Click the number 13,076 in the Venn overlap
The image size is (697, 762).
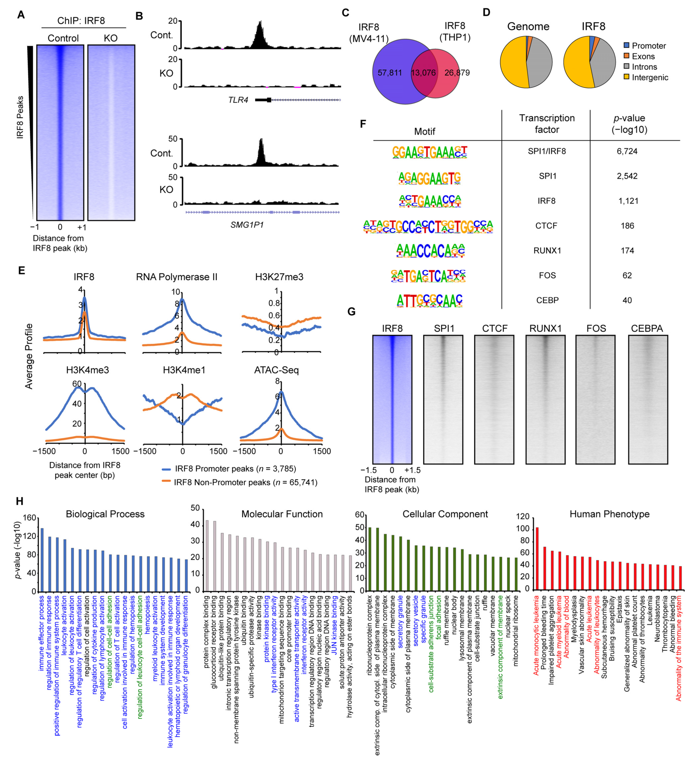click(x=423, y=73)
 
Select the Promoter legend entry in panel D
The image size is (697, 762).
click(x=645, y=46)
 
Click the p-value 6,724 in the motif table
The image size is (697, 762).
click(x=627, y=151)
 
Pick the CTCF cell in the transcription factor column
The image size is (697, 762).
click(x=546, y=226)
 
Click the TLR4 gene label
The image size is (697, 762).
click(x=238, y=100)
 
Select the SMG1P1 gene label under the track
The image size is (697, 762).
click(x=247, y=224)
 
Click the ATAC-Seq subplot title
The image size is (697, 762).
click(x=276, y=370)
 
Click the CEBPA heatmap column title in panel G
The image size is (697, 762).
click(x=647, y=329)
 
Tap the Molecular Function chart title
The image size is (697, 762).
click(x=282, y=514)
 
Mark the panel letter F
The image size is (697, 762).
click(x=363, y=124)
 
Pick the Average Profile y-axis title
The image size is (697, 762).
click(x=29, y=356)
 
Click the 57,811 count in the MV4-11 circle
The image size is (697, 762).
click(x=390, y=73)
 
